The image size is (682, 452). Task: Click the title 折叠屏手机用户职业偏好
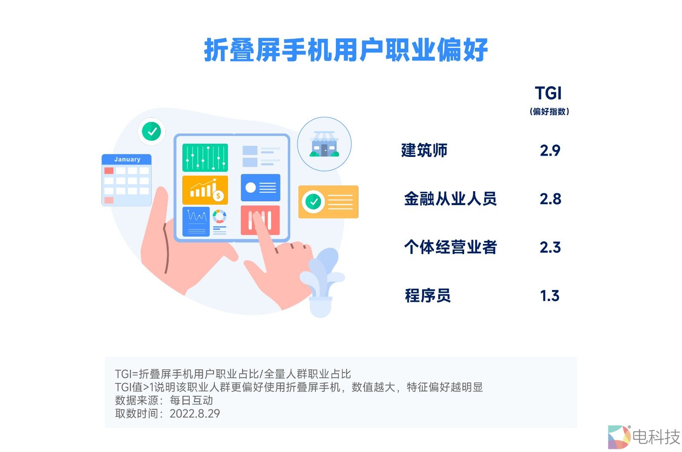[346, 50]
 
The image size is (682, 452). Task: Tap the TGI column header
[549, 93]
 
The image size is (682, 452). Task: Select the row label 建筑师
[424, 151]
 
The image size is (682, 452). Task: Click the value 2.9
[550, 151]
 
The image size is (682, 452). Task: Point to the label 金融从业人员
[450, 199]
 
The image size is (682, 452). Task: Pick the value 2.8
[550, 199]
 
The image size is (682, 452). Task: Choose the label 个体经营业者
[450, 247]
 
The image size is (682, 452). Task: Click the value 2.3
[550, 247]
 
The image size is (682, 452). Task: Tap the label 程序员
[428, 296]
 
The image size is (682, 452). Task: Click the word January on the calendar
[127, 159]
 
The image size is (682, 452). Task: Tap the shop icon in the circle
[324, 144]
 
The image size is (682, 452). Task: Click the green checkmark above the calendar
[152, 131]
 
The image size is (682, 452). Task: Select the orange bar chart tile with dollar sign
[205, 190]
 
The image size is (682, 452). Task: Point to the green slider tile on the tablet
[205, 158]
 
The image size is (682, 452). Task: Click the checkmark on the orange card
[313, 202]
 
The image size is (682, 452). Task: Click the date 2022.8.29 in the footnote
[195, 414]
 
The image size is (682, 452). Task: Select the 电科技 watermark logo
[644, 437]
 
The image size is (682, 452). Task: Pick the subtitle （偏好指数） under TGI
[549, 112]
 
